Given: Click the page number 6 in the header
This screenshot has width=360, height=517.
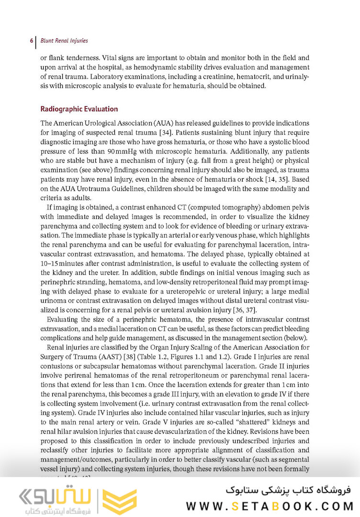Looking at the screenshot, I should pos(31,41).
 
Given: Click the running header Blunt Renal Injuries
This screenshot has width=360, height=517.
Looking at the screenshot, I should pos(64,41).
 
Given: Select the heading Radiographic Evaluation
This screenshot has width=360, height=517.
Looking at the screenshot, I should pos(79,109).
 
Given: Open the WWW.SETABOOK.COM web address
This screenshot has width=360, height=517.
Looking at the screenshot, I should pos(270,506).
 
